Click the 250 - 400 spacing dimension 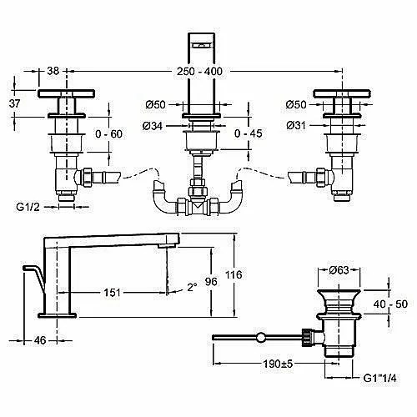click(x=199, y=72)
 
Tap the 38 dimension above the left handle click(x=53, y=71)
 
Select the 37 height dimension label click(x=14, y=103)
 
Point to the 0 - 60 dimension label click(x=108, y=134)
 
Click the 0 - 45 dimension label click(x=248, y=133)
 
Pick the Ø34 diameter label click(x=153, y=126)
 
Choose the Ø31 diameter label click(x=296, y=126)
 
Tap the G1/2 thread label click(x=28, y=207)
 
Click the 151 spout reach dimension click(x=112, y=293)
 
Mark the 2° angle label click(x=192, y=287)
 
